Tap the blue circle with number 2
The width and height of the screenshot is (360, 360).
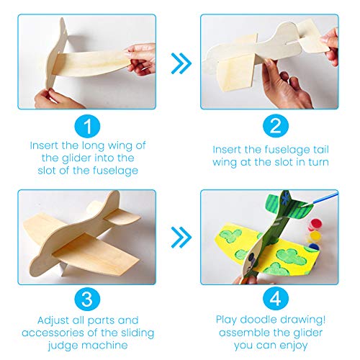[270, 127]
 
